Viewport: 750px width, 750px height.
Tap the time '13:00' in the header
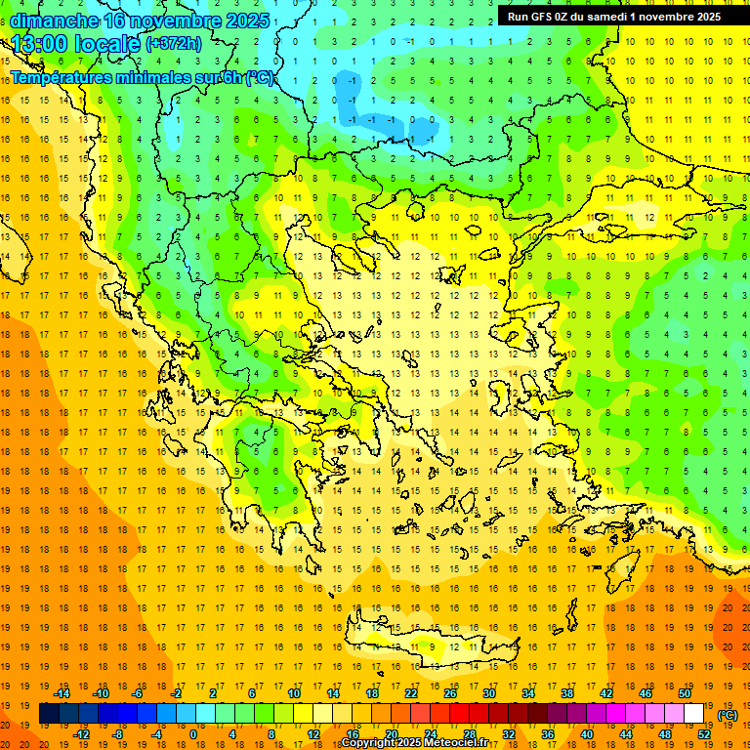(40, 44)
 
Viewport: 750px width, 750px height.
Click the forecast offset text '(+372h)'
(174, 44)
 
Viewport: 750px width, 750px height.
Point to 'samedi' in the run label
(604, 16)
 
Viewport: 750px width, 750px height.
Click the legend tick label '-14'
(62, 693)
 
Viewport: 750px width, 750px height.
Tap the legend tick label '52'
(704, 734)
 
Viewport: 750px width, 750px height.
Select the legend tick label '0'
(192, 734)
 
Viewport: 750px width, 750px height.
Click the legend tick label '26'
(450, 693)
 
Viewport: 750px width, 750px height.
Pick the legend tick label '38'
(567, 693)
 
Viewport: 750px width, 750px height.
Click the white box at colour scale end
(694, 714)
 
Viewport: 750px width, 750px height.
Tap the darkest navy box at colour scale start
(49, 714)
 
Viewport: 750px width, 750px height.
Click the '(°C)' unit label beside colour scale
(727, 714)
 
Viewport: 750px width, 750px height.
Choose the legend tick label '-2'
(177, 693)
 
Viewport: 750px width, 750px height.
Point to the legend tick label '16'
(352, 734)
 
